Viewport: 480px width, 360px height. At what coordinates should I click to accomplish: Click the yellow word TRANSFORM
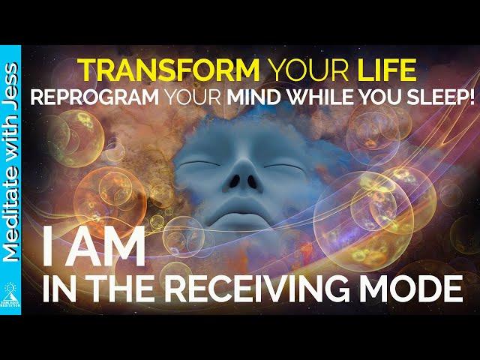pos(168,70)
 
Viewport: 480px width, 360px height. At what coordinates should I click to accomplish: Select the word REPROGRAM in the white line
pos(94,97)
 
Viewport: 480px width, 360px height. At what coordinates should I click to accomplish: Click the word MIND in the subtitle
pos(253,97)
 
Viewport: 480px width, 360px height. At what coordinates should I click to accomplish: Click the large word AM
pos(105,246)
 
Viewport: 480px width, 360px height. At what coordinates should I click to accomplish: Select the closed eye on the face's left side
pos(199,163)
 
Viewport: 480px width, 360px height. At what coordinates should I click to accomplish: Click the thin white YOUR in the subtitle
pos(193,97)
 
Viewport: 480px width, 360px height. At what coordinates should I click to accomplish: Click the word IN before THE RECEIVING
pos(58,289)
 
